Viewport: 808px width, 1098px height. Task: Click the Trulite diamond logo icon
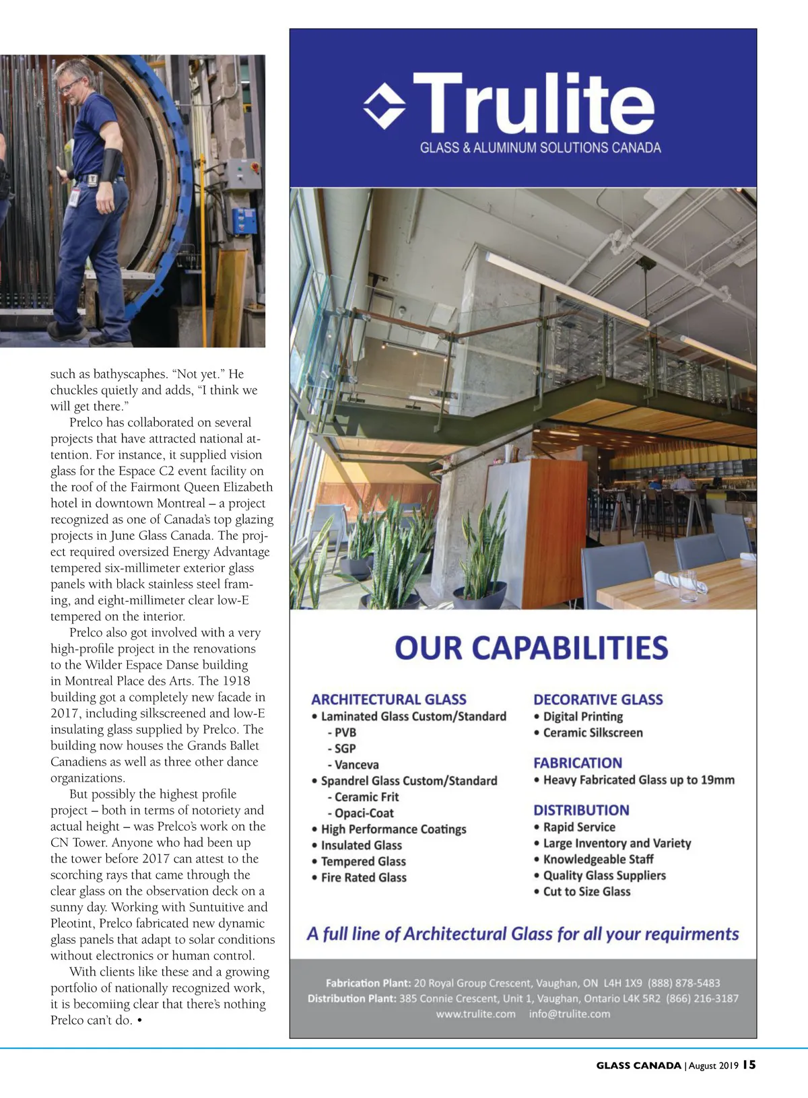(384, 106)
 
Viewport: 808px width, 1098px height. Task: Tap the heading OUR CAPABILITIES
(531, 648)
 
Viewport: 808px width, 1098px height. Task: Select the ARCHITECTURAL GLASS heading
(389, 699)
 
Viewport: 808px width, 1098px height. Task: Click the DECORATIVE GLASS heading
(598, 699)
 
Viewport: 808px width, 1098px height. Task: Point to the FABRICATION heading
(578, 763)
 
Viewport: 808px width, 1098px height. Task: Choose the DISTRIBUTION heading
(581, 810)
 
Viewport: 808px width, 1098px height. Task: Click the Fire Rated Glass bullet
(364, 877)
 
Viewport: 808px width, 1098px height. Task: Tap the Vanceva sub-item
(356, 765)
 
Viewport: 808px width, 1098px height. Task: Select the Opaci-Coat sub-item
(364, 813)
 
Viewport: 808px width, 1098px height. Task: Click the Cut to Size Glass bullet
(586, 891)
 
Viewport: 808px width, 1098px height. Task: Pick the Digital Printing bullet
(582, 716)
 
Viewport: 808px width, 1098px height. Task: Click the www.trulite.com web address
(475, 1014)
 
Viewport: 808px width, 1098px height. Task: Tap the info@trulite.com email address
(570, 1014)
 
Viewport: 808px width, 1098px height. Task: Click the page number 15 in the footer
(749, 1065)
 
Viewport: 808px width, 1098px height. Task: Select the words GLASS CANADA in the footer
(638, 1066)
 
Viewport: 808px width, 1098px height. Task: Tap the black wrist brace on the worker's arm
(110, 164)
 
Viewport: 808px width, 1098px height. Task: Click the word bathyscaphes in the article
(130, 374)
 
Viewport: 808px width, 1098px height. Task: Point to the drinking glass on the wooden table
(687, 585)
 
